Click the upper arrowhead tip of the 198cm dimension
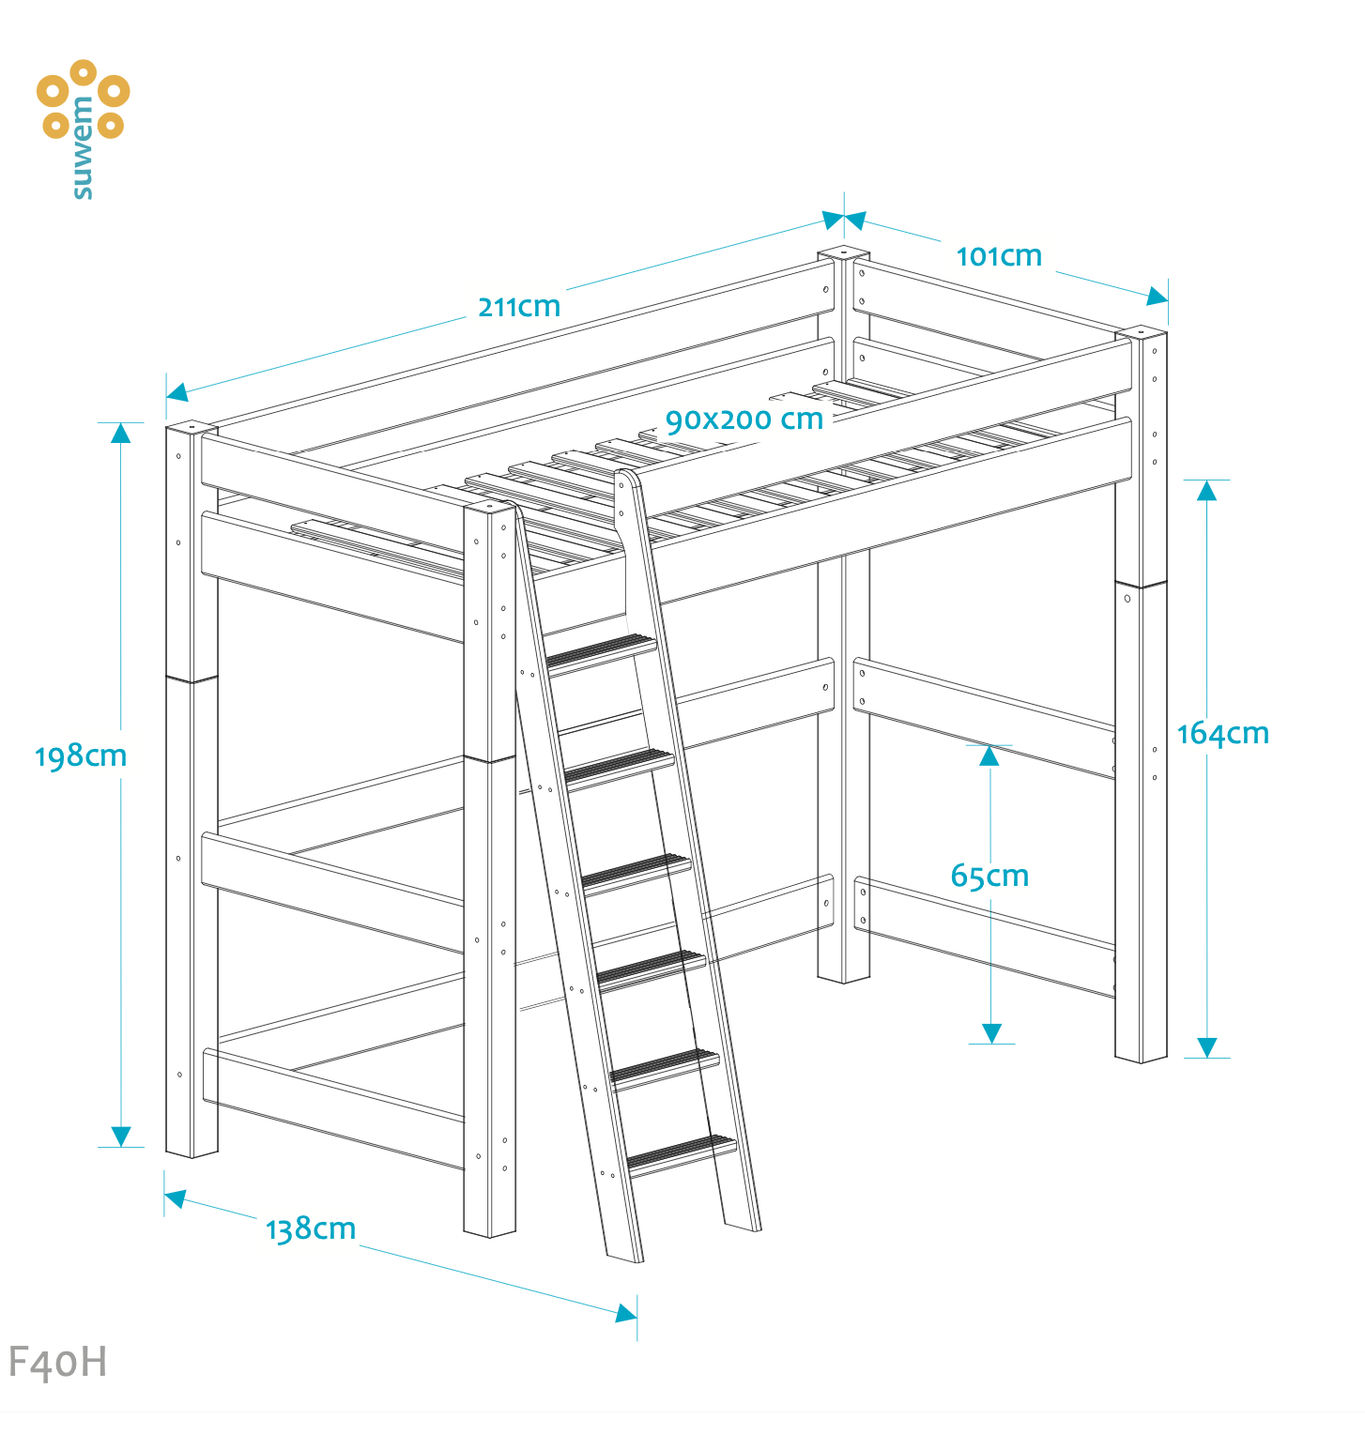[x=121, y=423]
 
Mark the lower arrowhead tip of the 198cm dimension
[x=121, y=1147]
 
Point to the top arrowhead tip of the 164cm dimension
[x=1206, y=481]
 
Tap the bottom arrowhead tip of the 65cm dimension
[x=990, y=1044]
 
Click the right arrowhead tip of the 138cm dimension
[x=637, y=1316]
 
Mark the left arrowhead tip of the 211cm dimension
[x=166, y=397]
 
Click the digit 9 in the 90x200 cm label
[x=675, y=421]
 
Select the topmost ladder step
[x=601, y=650]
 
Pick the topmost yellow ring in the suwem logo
[x=83, y=72]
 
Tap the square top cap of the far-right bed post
[x=1142, y=331]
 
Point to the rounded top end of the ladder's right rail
[x=626, y=479]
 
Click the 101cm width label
[x=999, y=256]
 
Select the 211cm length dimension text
[x=519, y=307]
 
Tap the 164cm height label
[x=1222, y=733]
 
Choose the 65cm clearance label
[x=989, y=876]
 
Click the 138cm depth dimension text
[x=311, y=1229]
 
